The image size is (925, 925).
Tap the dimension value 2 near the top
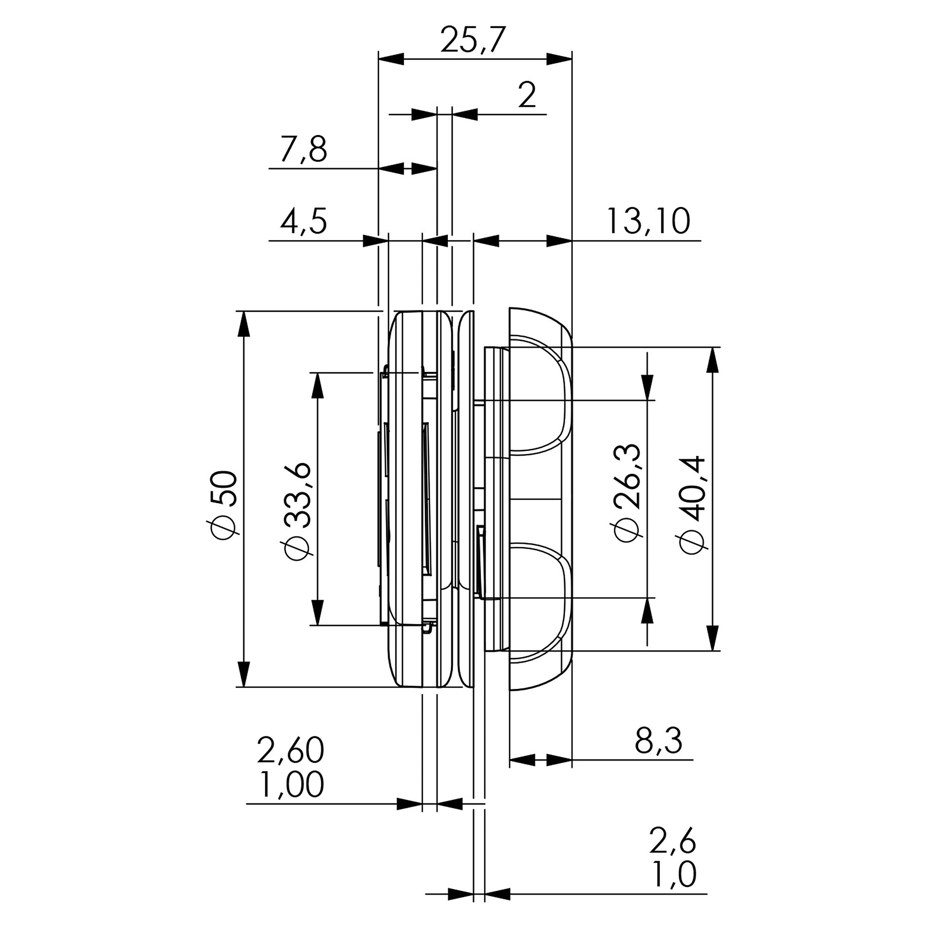coord(527,95)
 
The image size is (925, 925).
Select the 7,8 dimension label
coord(303,149)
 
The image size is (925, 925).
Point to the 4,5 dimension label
coord(303,221)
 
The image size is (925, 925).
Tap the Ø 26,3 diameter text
coord(627,493)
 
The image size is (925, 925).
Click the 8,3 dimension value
coord(658,740)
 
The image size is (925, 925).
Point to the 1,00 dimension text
coord(290,784)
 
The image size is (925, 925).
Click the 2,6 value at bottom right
coord(672,841)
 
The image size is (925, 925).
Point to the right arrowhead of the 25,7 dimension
coord(559,59)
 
